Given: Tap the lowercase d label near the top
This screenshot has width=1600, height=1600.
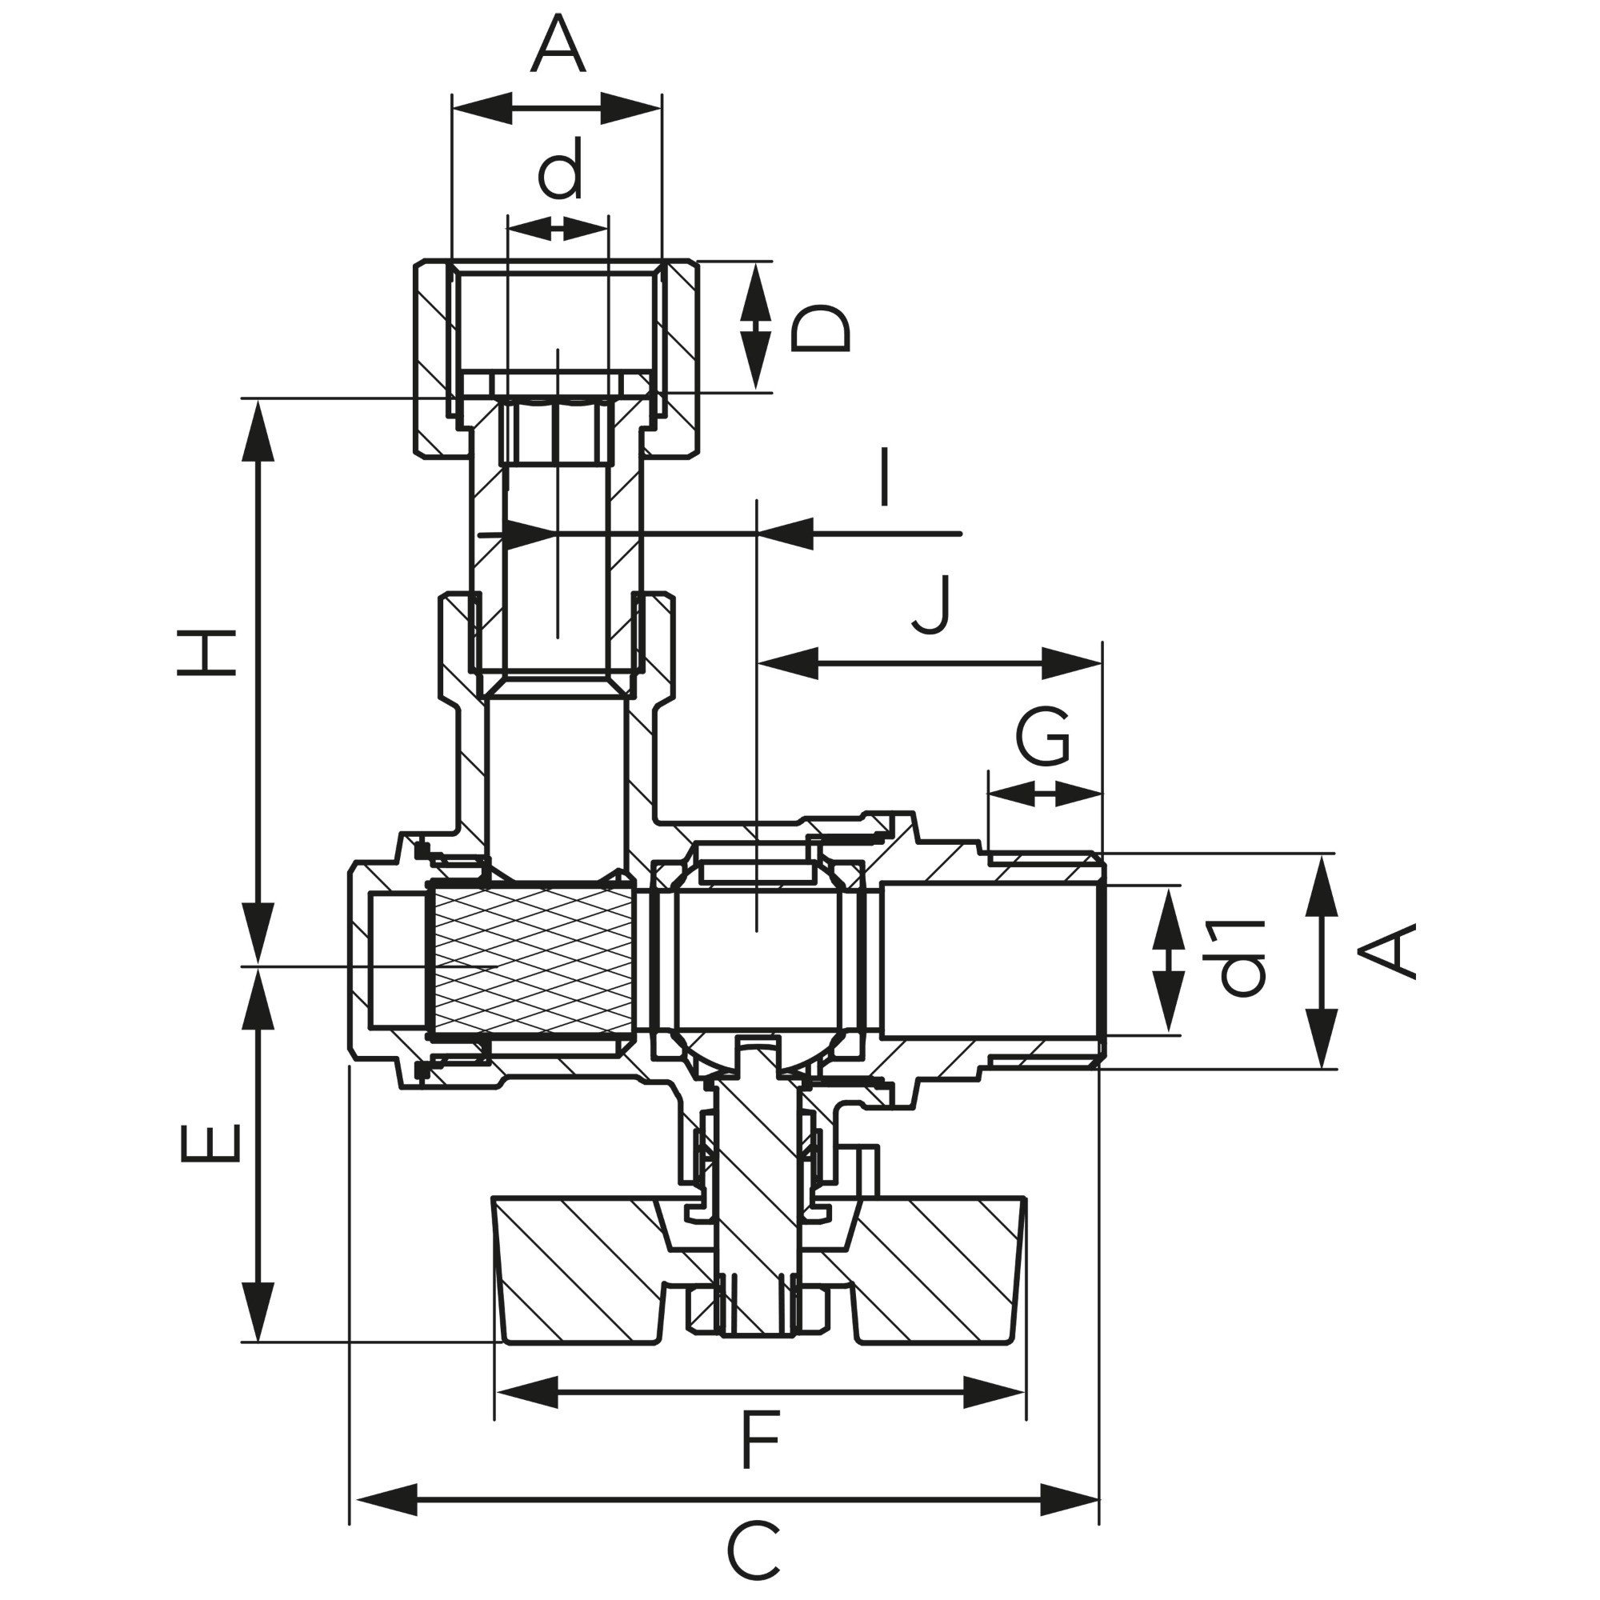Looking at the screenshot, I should click(561, 168).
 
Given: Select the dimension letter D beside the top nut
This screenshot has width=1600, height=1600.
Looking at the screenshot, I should click(819, 329).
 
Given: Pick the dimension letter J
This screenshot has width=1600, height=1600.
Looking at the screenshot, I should click(933, 605).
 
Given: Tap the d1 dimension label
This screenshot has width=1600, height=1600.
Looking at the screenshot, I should click(1242, 958).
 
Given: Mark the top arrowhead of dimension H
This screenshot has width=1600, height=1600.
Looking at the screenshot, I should click(259, 430).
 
